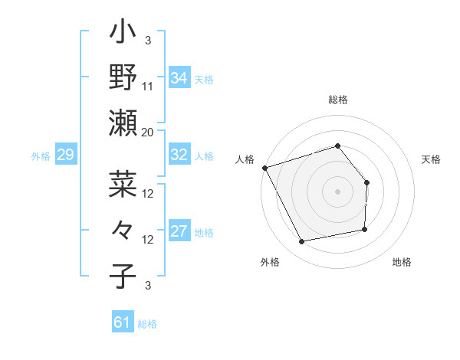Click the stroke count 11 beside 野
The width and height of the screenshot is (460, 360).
tap(148, 86)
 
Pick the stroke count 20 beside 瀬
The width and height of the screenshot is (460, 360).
tap(148, 132)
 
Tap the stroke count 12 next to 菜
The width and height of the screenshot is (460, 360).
tap(148, 193)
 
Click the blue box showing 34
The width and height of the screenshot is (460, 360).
tap(179, 77)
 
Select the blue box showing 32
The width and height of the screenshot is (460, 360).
tap(179, 155)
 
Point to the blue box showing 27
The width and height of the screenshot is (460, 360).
tap(179, 232)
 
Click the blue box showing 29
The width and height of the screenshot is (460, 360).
tap(65, 155)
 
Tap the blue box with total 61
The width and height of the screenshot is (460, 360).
tap(123, 322)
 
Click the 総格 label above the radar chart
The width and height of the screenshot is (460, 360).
tap(338, 100)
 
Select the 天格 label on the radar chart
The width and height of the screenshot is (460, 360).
tap(431, 159)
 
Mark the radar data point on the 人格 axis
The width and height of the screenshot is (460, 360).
tap(264, 168)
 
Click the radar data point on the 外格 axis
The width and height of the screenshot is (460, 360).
tap(303, 242)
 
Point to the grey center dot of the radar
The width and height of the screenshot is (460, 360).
tap(337, 191)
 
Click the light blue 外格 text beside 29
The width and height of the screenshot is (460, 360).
tap(41, 156)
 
